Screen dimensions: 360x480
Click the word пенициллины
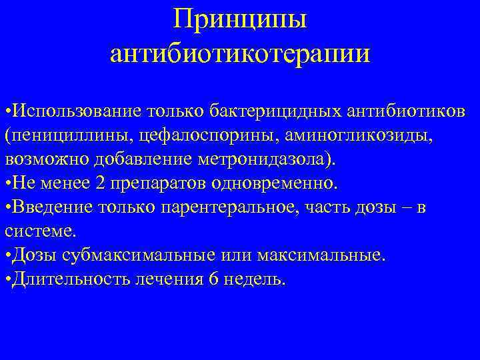[70, 135]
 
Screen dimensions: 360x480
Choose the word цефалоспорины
[207, 135]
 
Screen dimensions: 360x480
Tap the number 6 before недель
[213, 278]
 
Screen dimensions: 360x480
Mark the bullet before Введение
[7, 208]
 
